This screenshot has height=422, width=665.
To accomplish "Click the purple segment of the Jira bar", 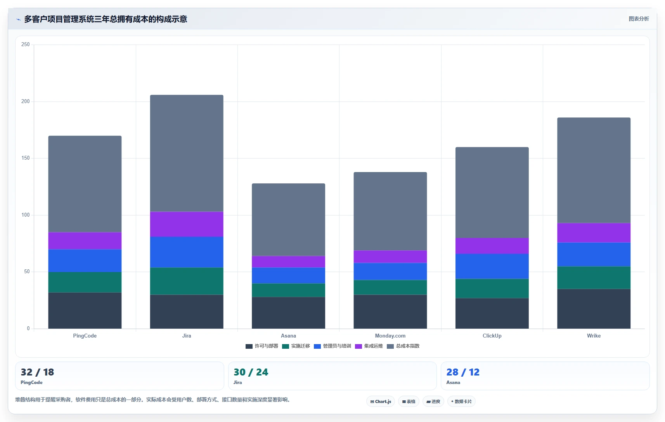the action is pyautogui.click(x=187, y=224).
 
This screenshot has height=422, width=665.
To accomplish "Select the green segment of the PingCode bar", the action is pyautogui.click(x=85, y=282).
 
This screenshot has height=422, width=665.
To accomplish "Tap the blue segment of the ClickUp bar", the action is pyautogui.click(x=492, y=266).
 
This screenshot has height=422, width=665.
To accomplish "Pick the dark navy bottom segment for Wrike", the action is pyautogui.click(x=594, y=309).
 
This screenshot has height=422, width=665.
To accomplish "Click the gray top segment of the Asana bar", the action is pyautogui.click(x=288, y=220).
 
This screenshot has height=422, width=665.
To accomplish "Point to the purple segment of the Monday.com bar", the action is pyautogui.click(x=390, y=257).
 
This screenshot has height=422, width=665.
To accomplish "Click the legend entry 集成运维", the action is pyautogui.click(x=369, y=346).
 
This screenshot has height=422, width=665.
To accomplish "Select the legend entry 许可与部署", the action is pyautogui.click(x=262, y=346).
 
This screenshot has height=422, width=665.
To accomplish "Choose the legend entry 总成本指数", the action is pyautogui.click(x=403, y=346).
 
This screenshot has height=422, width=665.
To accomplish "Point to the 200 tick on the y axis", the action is pyautogui.click(x=26, y=102).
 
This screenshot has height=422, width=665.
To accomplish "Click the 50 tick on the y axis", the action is pyautogui.click(x=27, y=272).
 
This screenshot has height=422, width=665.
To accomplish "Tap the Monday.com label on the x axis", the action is pyautogui.click(x=390, y=336).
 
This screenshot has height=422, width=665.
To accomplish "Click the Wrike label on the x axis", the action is pyautogui.click(x=594, y=336).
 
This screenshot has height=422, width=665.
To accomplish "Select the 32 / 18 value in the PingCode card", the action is pyautogui.click(x=37, y=372).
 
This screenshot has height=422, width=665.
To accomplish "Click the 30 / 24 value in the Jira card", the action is pyautogui.click(x=251, y=372).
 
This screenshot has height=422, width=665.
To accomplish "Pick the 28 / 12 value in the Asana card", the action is pyautogui.click(x=463, y=372).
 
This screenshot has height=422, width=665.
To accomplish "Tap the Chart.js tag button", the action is pyautogui.click(x=381, y=401).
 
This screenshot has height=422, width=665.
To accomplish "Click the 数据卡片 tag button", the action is pyautogui.click(x=461, y=401).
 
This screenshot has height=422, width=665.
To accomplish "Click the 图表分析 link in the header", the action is pyautogui.click(x=639, y=19).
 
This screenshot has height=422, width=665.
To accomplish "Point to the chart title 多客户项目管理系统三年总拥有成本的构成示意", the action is pyautogui.click(x=106, y=19).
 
